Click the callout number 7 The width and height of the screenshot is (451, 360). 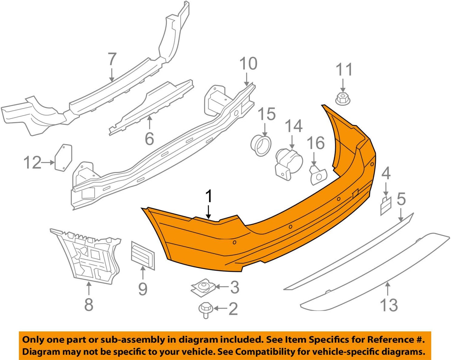coord(112,59)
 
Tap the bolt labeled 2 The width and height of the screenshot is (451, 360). coord(205,310)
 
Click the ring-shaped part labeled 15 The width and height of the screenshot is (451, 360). coord(261,146)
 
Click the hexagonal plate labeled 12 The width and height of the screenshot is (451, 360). coord(63,157)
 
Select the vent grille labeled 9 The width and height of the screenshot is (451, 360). coord(143,255)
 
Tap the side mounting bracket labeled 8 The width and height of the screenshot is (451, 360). coord(88,256)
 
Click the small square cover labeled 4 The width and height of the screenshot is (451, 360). coord(386,206)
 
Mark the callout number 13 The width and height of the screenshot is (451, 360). coord(389,305)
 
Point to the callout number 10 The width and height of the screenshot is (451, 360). coord(248,64)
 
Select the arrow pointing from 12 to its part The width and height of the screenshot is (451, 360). coord(48,163)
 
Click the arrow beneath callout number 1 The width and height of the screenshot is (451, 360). coord(209,212)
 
